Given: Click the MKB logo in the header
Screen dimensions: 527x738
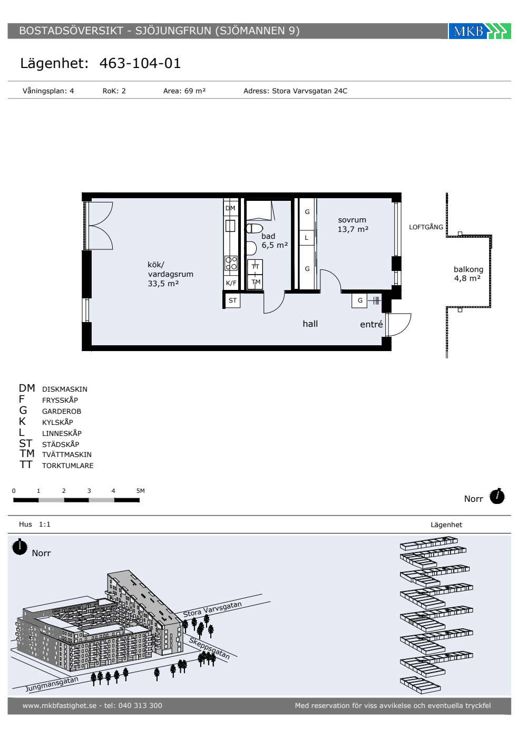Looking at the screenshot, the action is [x=479, y=31].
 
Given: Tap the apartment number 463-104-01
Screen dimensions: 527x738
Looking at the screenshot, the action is [x=140, y=63].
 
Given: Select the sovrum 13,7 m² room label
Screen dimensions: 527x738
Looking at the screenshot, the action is [x=353, y=225].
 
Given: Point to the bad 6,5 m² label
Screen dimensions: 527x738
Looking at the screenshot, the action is [x=275, y=241].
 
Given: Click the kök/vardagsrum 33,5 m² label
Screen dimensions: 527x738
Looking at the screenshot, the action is [x=170, y=274].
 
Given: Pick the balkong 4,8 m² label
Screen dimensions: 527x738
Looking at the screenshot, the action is [x=468, y=274].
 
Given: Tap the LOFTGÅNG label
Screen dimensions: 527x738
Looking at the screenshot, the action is [x=426, y=227].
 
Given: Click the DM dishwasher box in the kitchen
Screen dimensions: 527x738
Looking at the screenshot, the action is [x=231, y=208].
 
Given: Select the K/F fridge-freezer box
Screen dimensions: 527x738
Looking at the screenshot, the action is [x=231, y=283].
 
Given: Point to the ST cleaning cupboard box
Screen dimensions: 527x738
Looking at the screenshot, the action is [x=232, y=300].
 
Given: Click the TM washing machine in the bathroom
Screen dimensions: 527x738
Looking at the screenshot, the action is [x=255, y=282].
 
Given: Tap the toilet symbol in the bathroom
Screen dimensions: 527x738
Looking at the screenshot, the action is [x=255, y=228].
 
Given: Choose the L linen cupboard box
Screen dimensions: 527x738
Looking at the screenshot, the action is [x=307, y=238].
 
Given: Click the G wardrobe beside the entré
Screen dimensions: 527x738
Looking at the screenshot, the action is [x=359, y=300].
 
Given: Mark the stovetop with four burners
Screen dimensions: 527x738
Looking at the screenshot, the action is [x=231, y=263].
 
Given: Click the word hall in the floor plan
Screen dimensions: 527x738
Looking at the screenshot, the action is [x=310, y=324].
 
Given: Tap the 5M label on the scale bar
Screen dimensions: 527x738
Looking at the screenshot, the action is [x=141, y=491].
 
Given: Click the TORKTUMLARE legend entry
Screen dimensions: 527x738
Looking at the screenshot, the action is [x=68, y=465].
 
